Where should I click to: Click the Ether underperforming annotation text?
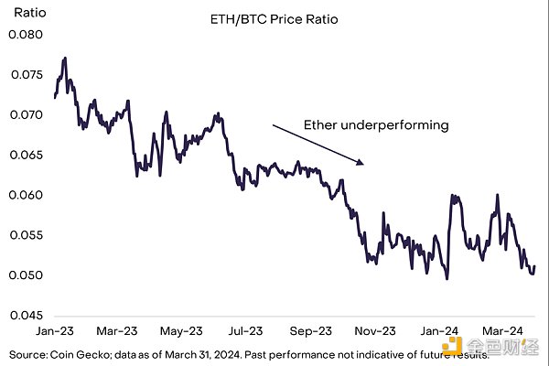pyautogui.click(x=377, y=124)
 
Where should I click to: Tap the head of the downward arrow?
pyautogui.click(x=363, y=165)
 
